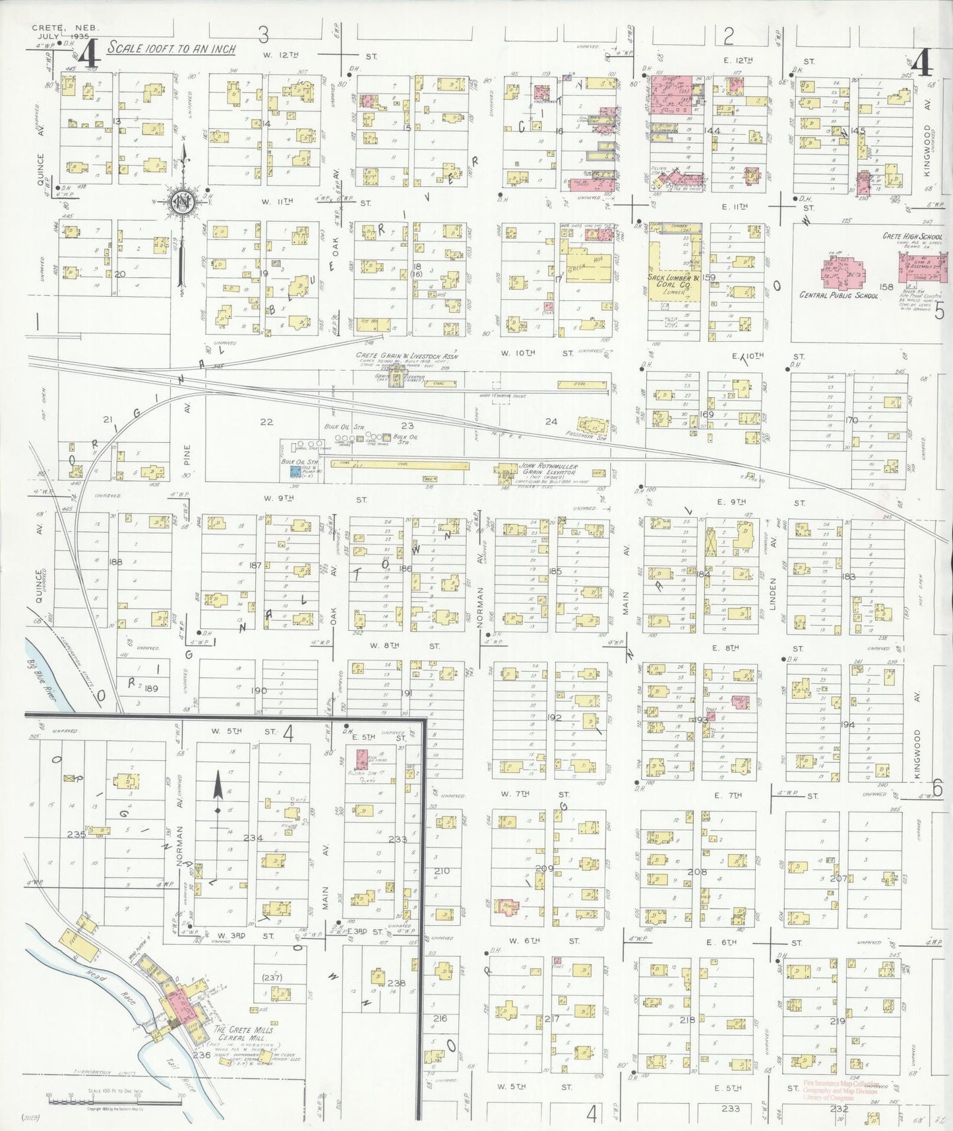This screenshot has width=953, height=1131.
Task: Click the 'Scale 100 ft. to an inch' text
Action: [171, 48]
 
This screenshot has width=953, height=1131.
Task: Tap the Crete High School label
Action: [913, 236]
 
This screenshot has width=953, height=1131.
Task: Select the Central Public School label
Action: [839, 296]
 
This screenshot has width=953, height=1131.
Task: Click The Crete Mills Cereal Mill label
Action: [243, 1033]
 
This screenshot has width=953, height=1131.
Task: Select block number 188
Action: [115, 562]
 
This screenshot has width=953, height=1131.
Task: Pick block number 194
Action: [847, 725]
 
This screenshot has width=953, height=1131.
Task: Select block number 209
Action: [544, 868]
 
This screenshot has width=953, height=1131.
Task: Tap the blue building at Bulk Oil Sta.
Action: [295, 471]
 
